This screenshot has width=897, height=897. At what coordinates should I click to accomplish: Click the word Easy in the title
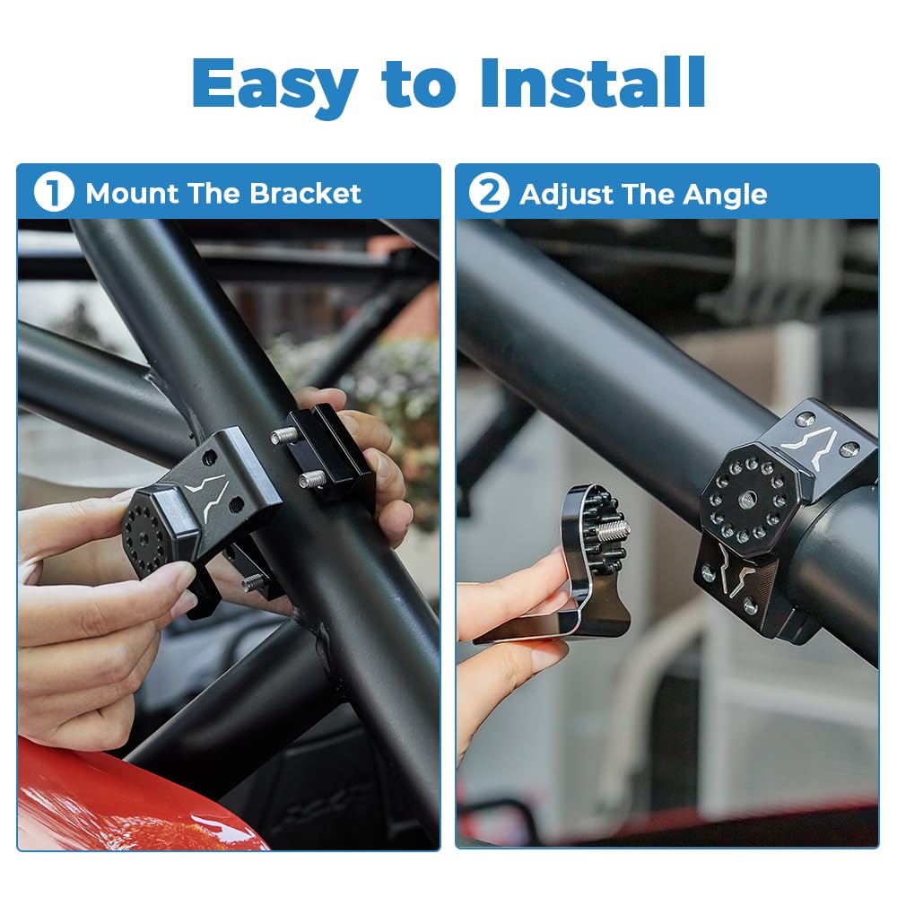[x=274, y=83]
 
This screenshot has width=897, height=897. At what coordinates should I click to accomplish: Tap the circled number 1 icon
[x=53, y=194]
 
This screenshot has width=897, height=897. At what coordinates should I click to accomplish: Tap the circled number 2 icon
[x=489, y=194]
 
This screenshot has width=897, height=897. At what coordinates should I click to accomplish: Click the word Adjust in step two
[x=562, y=195]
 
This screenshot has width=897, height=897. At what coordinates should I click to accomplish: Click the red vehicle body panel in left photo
[x=108, y=798]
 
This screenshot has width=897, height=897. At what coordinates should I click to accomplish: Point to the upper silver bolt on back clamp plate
[x=285, y=436]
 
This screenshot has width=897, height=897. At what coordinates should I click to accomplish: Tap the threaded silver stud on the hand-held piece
[x=612, y=530]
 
